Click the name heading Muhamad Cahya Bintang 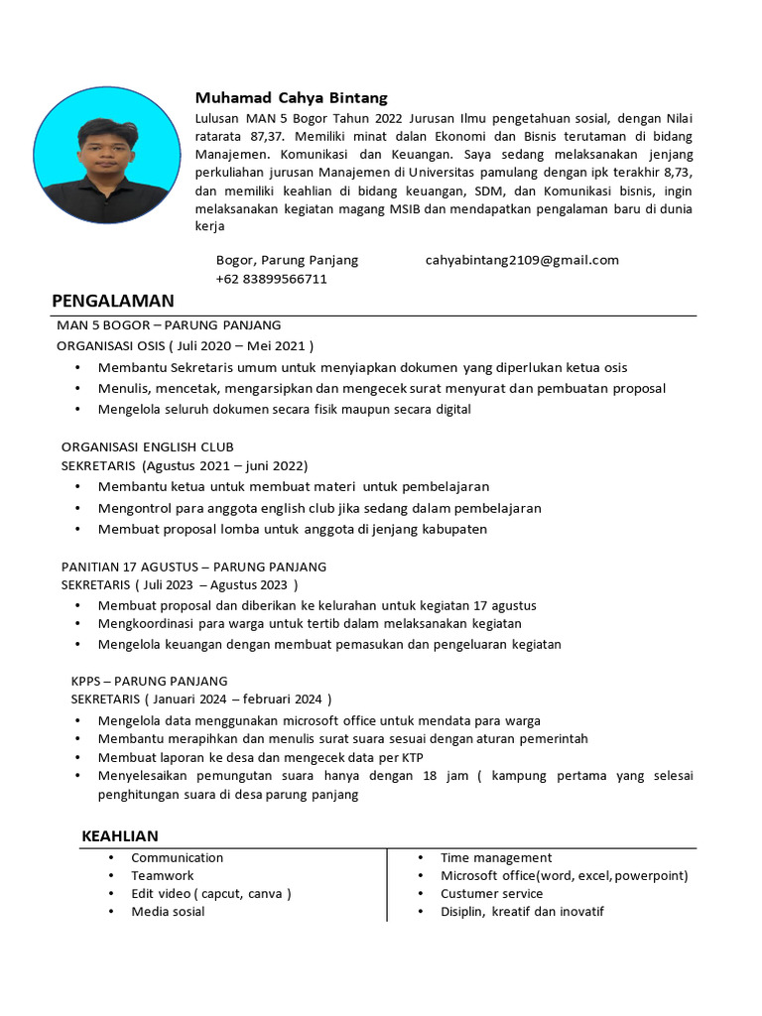pyautogui.click(x=291, y=98)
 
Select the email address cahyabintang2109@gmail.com pyautogui.click(x=522, y=260)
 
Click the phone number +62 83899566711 pyautogui.click(x=271, y=279)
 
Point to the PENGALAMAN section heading pyautogui.click(x=112, y=301)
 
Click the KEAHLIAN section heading pyautogui.click(x=119, y=836)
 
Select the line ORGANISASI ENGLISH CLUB pyautogui.click(x=147, y=447)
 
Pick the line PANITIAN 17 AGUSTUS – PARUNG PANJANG pyautogui.click(x=193, y=567)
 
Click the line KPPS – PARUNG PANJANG pyautogui.click(x=149, y=681)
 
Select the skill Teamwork pyautogui.click(x=162, y=875)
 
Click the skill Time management pyautogui.click(x=496, y=857)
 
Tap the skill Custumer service pyautogui.click(x=491, y=893)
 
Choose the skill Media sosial pyautogui.click(x=168, y=911)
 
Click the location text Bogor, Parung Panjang pyautogui.click(x=287, y=260)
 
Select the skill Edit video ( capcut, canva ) pyautogui.click(x=210, y=893)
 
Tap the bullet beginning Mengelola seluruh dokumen pyautogui.click(x=284, y=409)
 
